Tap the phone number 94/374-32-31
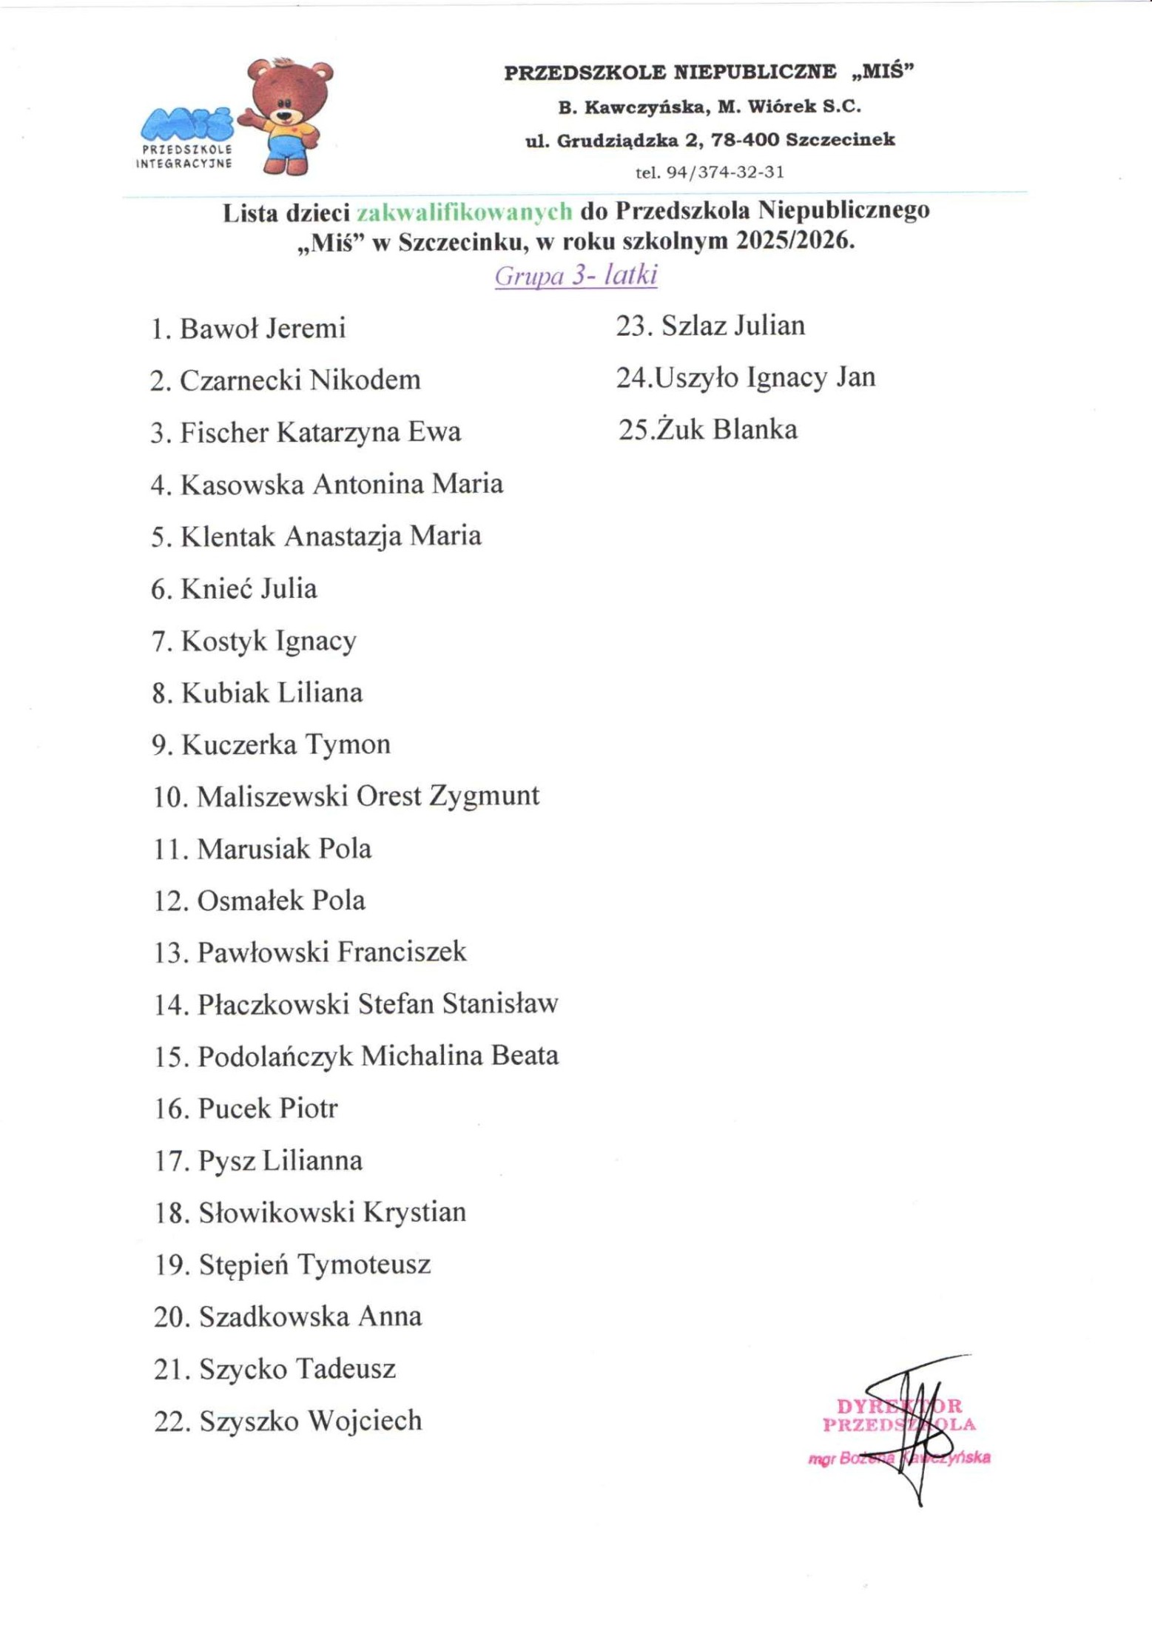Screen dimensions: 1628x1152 [x=724, y=172]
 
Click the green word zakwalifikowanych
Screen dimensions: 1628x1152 [x=465, y=212]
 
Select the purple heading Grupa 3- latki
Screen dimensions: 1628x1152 [x=576, y=275]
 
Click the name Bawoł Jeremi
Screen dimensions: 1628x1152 [x=262, y=328]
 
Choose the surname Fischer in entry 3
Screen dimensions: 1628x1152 [x=224, y=432]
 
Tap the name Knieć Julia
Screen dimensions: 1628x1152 [x=249, y=589]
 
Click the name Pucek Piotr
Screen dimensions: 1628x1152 [x=268, y=1109]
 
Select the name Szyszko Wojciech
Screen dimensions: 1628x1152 [x=310, y=1421]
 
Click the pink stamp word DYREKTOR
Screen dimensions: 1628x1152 [x=898, y=1406]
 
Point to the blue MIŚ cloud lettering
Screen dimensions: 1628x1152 [x=186, y=124]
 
